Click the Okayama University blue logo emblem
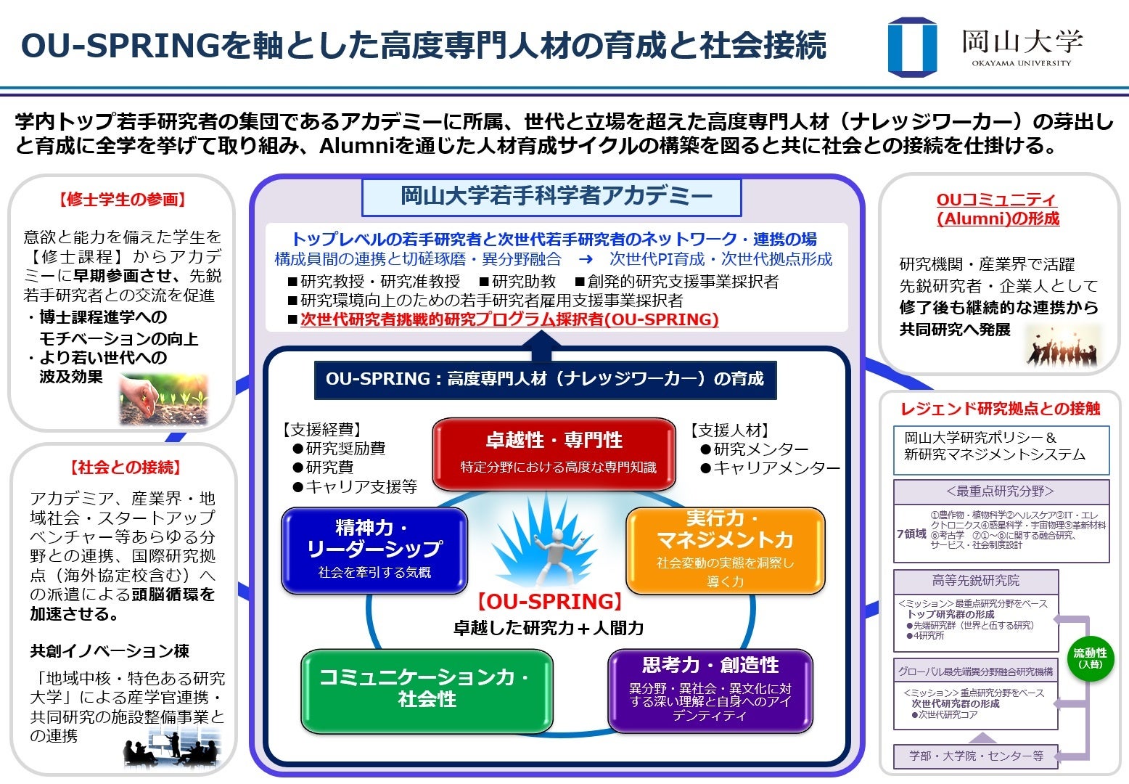pyautogui.click(x=912, y=46)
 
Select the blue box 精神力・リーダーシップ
pyautogui.click(x=374, y=550)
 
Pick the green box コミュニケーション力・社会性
pyautogui.click(x=427, y=690)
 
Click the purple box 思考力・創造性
pyautogui.click(x=710, y=690)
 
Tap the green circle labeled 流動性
pyautogui.click(x=1090, y=658)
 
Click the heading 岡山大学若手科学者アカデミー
pyautogui.click(x=551, y=196)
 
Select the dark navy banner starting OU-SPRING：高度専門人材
pyautogui.click(x=545, y=379)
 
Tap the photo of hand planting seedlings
pyautogui.click(x=163, y=399)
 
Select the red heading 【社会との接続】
pyautogui.click(x=125, y=467)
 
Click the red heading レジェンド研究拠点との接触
pyautogui.click(x=1001, y=409)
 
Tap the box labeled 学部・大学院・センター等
pyautogui.click(x=976, y=756)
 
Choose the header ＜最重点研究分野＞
pyautogui.click(x=1001, y=491)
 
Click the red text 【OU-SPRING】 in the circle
pyautogui.click(x=549, y=602)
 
